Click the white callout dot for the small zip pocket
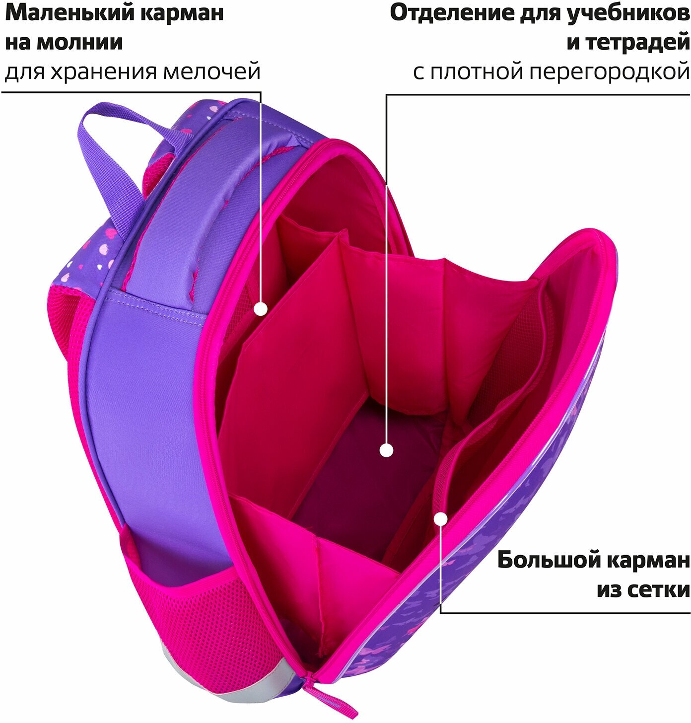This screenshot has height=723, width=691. [x=261, y=309]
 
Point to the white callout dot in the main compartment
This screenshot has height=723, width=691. [x=386, y=450]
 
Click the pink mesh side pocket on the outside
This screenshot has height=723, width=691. [x=199, y=611]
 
